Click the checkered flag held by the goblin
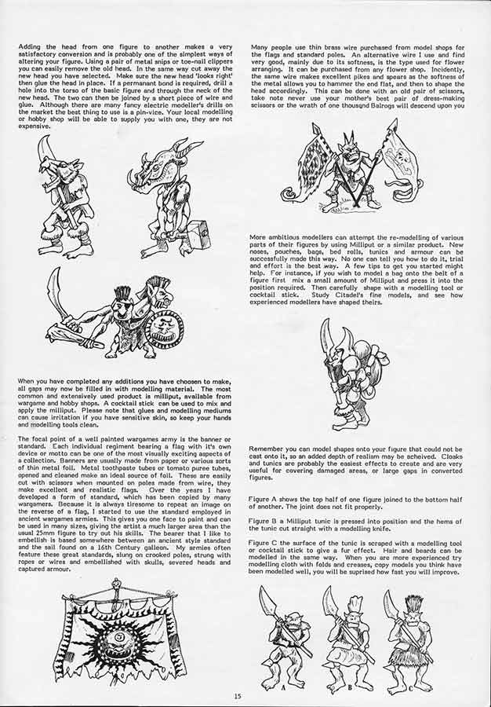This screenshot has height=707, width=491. [303, 159]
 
